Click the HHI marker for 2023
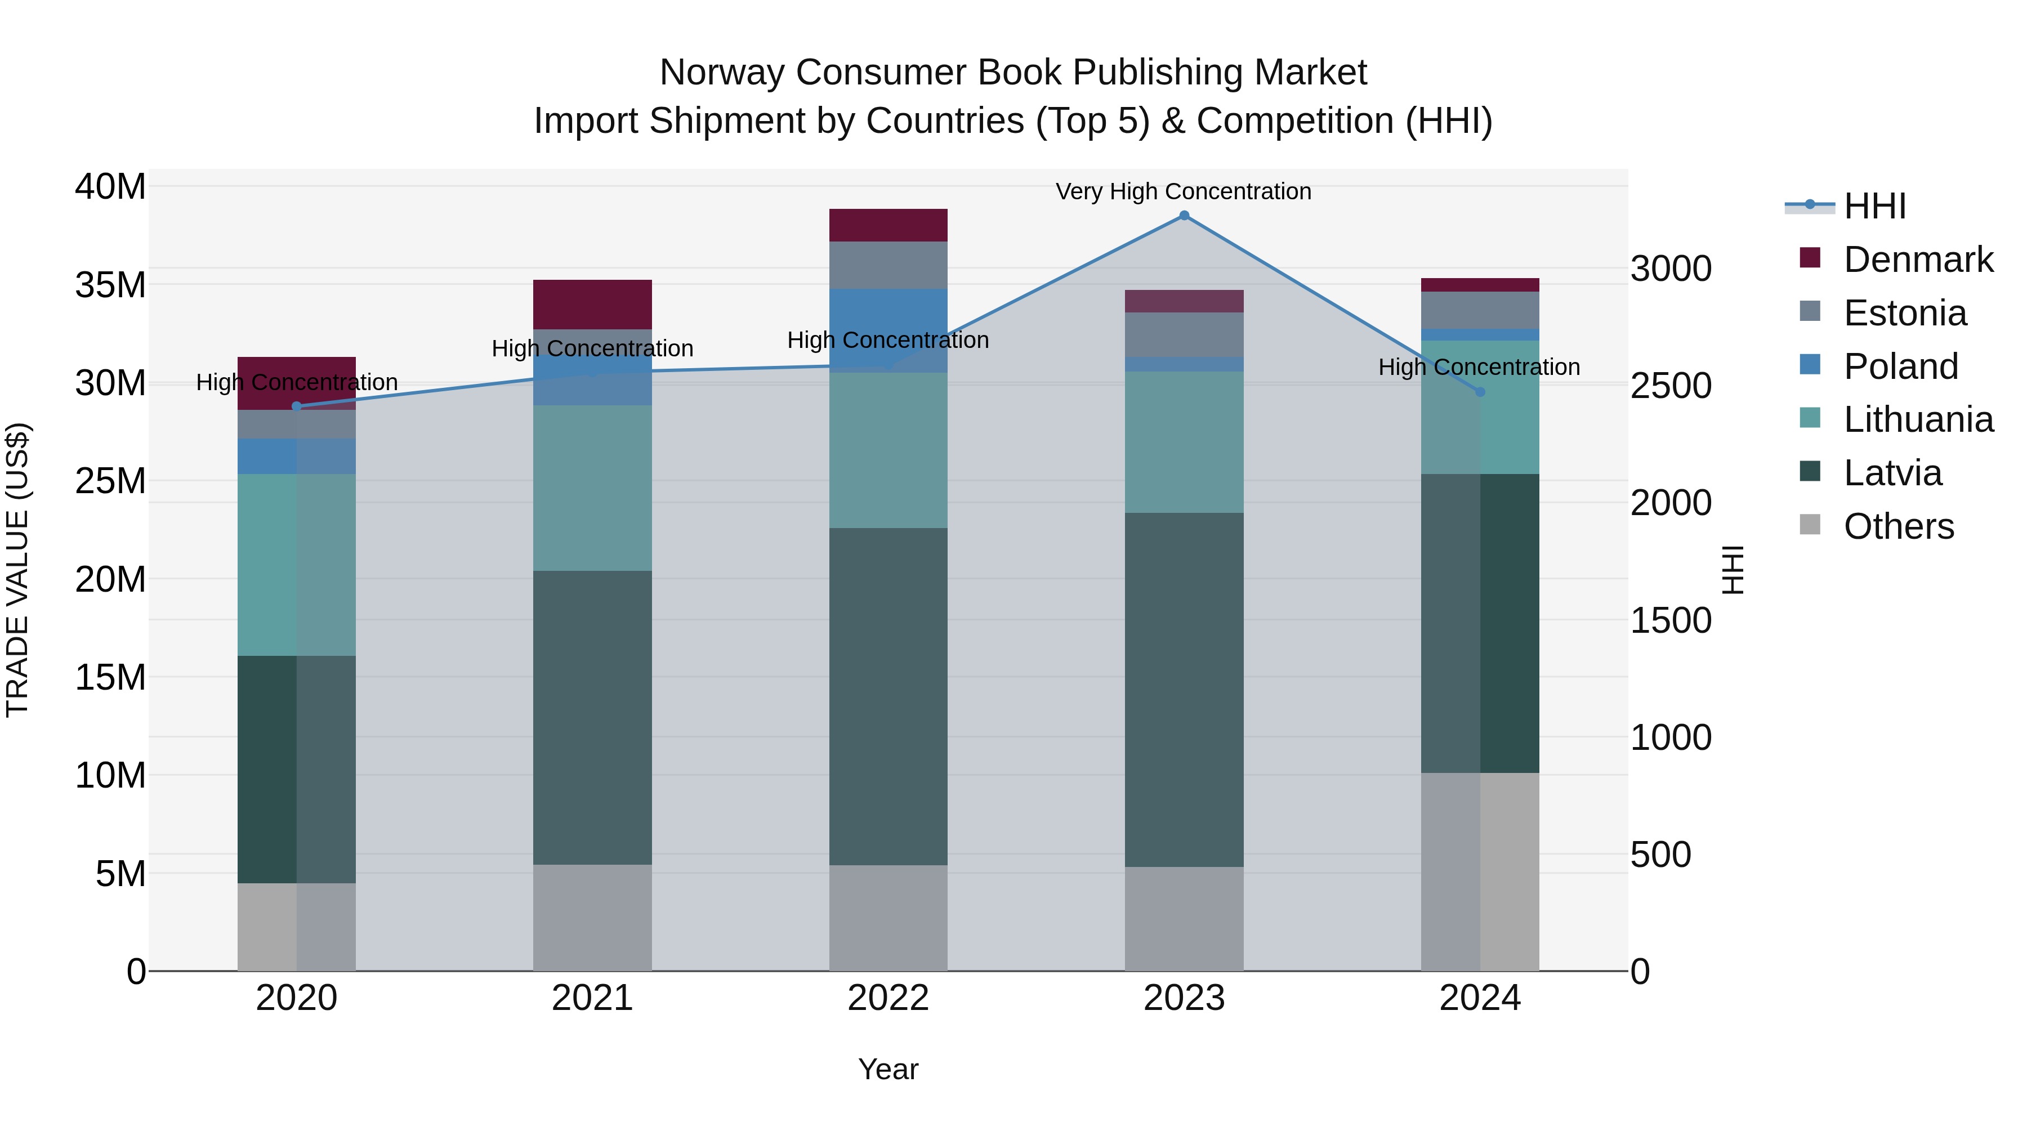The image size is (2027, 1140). (1184, 216)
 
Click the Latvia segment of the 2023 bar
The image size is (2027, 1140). (1184, 690)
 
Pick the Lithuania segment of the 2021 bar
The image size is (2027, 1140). (592, 488)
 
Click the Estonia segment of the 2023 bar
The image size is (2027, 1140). (1184, 334)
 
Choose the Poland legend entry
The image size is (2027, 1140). (1900, 366)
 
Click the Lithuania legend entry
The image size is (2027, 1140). (1918, 420)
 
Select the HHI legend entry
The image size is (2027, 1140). (1874, 206)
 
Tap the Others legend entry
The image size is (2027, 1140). (1898, 526)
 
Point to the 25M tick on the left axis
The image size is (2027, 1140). (110, 481)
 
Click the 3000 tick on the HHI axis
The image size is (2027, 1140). (1670, 269)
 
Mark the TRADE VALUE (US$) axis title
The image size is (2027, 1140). (17, 570)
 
